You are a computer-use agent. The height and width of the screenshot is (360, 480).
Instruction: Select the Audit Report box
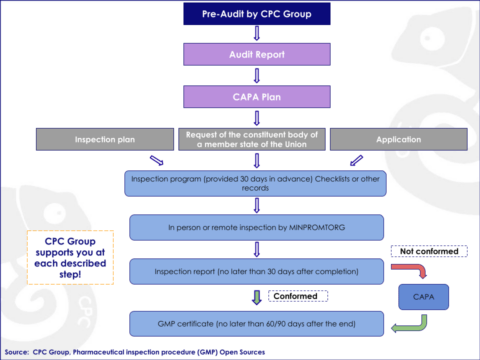(256, 56)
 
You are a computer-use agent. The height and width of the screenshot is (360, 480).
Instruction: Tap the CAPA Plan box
(256, 98)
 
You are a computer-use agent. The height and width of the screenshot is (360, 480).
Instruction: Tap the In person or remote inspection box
(256, 227)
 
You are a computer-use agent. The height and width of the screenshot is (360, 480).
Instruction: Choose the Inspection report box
(256, 271)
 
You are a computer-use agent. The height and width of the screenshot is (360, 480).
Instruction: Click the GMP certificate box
(256, 323)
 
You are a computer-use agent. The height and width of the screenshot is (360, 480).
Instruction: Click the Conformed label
(299, 296)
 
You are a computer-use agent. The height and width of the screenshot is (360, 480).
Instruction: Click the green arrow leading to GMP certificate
(408, 321)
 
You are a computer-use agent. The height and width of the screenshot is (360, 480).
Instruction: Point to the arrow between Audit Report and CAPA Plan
(256, 77)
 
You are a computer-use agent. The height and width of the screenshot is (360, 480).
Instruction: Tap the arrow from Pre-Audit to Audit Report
(256, 36)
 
